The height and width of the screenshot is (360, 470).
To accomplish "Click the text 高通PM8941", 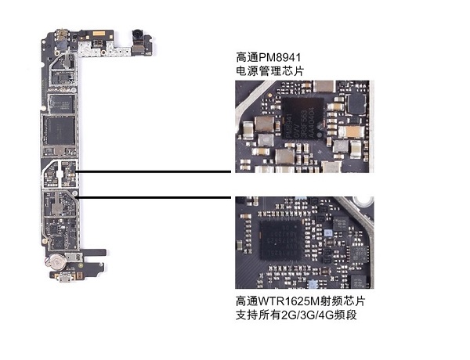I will tap(269, 57).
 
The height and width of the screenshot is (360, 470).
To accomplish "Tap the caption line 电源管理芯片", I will tap(269, 71).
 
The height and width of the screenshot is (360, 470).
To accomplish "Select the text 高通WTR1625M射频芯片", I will tap(301, 301).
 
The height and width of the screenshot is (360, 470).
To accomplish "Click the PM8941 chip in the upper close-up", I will tap(302, 118).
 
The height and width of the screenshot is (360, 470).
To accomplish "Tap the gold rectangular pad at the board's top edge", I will tap(100, 34).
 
